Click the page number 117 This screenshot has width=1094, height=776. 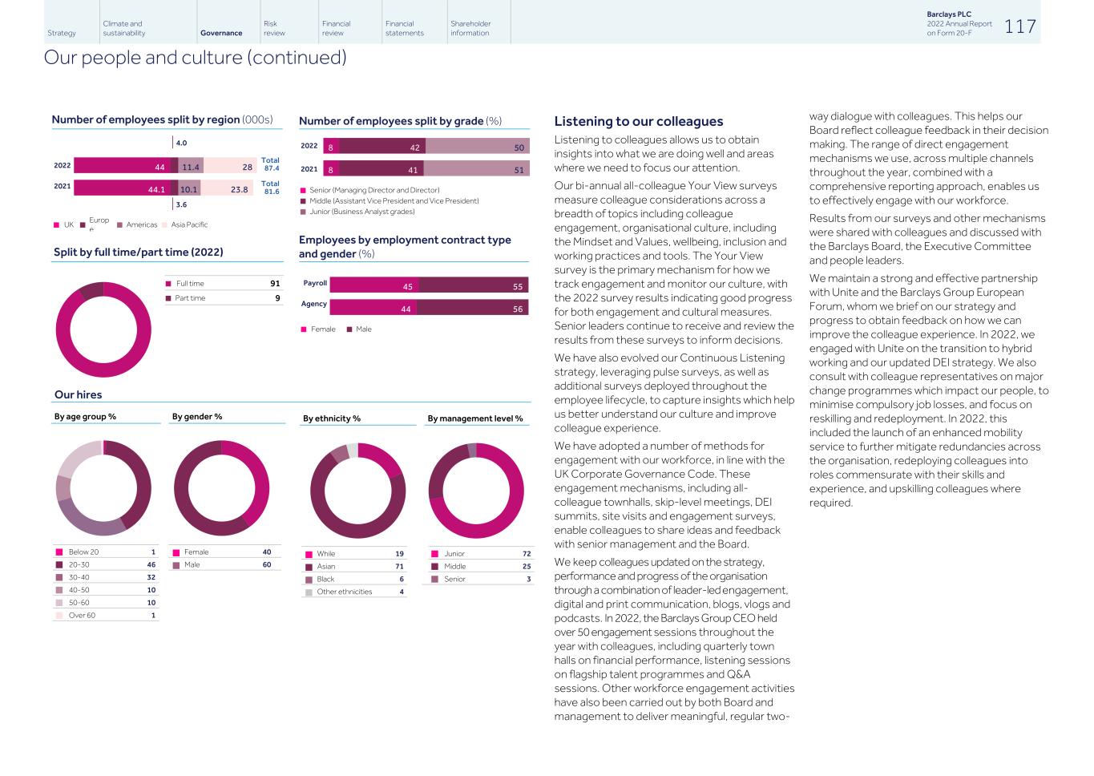click(x=1019, y=26)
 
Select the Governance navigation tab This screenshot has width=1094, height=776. click(x=221, y=33)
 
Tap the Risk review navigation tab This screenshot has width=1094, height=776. click(x=274, y=28)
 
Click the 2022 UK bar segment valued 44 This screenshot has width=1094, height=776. click(x=122, y=166)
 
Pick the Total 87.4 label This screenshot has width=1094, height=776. click(x=270, y=164)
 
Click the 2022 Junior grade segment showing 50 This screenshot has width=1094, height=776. click(x=477, y=147)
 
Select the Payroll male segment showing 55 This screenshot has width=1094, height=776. click(x=474, y=285)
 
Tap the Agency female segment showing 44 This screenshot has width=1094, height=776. click(x=373, y=308)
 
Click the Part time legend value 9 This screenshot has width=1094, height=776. click(x=277, y=298)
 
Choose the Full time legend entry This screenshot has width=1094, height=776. click(x=190, y=284)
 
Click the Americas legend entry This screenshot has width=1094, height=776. click(x=141, y=225)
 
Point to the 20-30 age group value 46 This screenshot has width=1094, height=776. click(x=151, y=565)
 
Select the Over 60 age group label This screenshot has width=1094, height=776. click(x=82, y=616)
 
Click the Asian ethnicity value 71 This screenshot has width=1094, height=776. click(x=399, y=567)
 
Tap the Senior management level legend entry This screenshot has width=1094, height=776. click(x=454, y=579)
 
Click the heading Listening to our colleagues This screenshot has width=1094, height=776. click(x=639, y=122)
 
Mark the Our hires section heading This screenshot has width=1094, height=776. click(x=78, y=394)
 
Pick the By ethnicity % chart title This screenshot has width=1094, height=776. click(x=332, y=418)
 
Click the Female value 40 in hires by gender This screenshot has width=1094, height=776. click(x=267, y=552)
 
